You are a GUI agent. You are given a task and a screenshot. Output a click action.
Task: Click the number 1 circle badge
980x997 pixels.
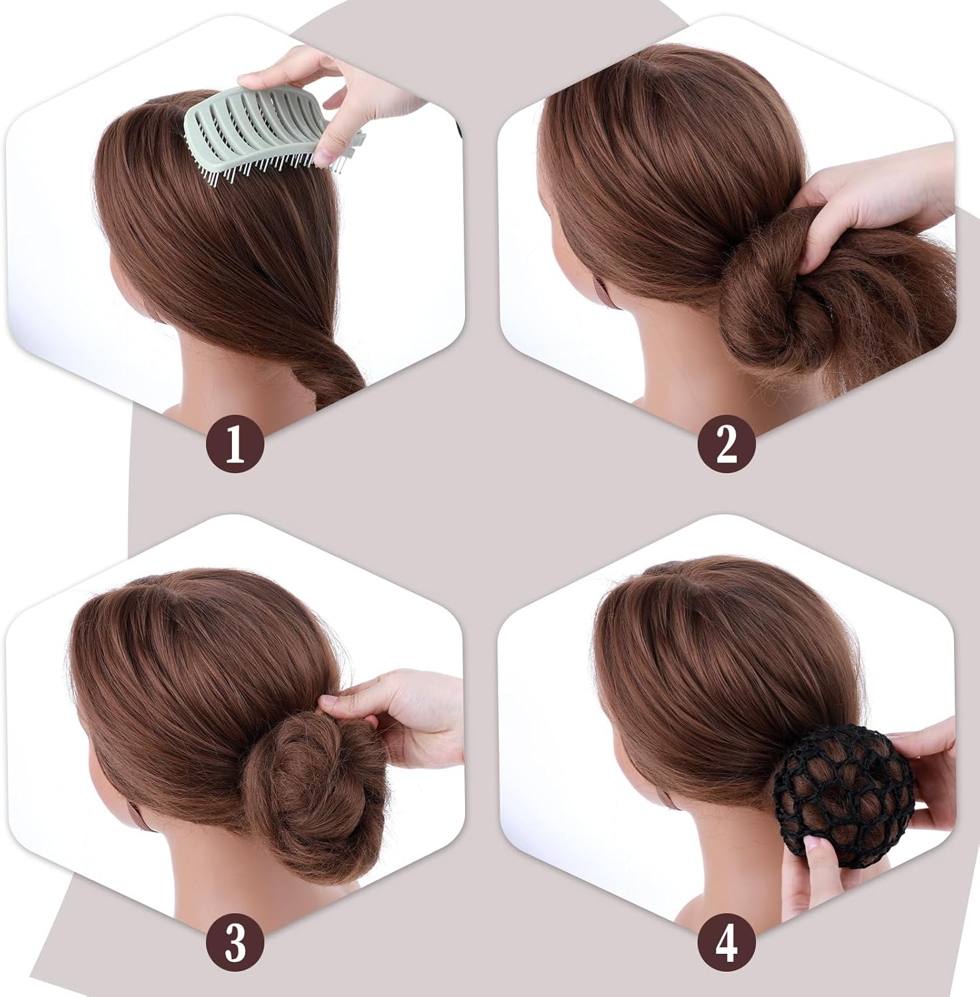point(235,444)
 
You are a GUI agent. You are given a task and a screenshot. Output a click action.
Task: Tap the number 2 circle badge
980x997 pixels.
point(726,444)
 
